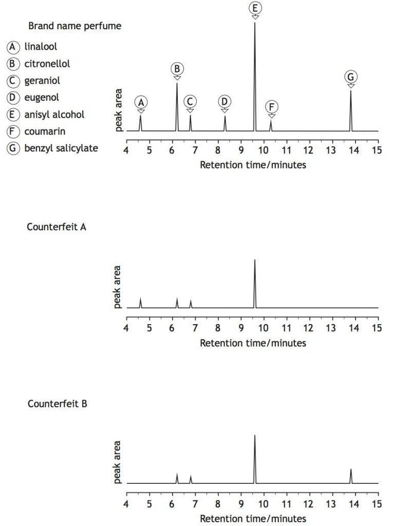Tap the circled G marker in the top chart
click(351, 77)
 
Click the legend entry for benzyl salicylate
click(61, 148)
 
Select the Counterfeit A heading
click(57, 226)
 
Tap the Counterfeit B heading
click(57, 404)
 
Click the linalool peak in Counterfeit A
click(140, 303)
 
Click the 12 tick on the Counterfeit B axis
click(309, 503)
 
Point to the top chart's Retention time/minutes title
click(252, 165)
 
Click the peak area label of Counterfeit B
click(117, 462)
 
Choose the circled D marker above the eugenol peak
click(224, 101)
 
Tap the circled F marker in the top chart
click(272, 107)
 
